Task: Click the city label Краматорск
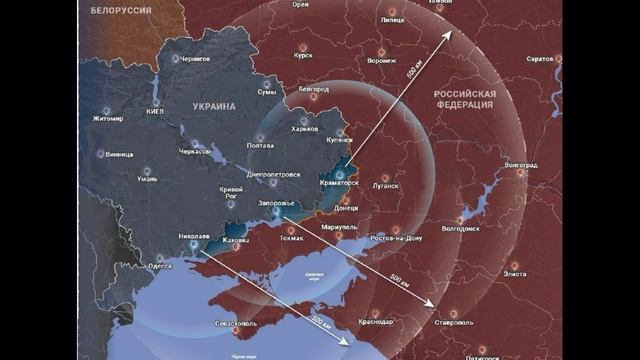(x=338, y=183)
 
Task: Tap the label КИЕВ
(x=155, y=110)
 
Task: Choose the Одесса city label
(x=159, y=266)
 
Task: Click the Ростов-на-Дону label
(x=396, y=238)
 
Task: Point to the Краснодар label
(x=375, y=321)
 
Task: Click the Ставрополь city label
(x=455, y=322)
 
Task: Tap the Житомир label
(x=108, y=118)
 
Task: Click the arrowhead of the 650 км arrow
(x=448, y=33)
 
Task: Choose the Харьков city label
(x=303, y=129)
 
